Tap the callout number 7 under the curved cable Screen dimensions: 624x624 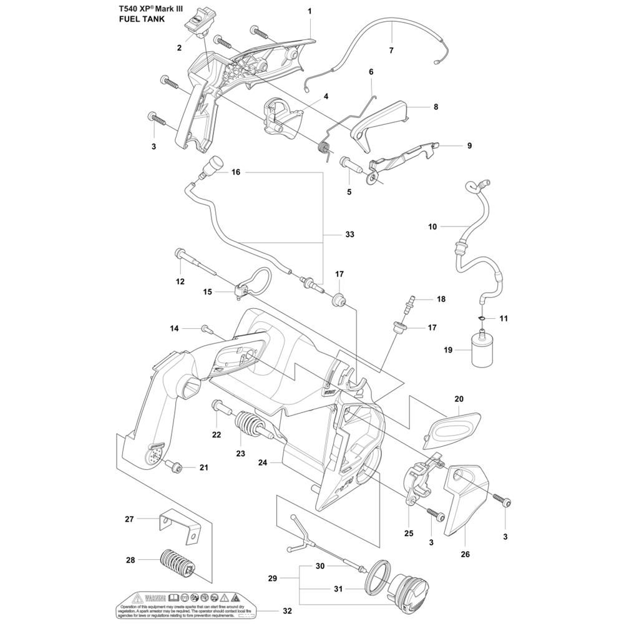click(x=391, y=50)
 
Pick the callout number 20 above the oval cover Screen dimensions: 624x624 click(x=459, y=399)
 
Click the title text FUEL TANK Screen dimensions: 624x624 click(x=140, y=20)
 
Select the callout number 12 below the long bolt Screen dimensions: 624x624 click(x=180, y=281)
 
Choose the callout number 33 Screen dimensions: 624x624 click(x=349, y=235)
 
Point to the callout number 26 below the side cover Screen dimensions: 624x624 click(x=465, y=553)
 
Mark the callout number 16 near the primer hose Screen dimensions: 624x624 click(x=235, y=172)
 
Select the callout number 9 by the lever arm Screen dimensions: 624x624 click(x=469, y=146)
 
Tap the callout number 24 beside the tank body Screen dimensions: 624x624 click(x=263, y=463)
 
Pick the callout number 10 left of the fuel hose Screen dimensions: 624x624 click(x=433, y=227)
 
